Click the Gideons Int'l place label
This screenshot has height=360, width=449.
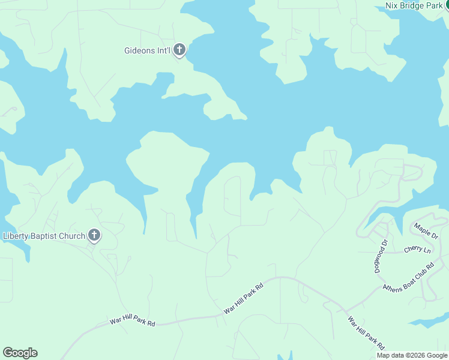(x=148, y=51)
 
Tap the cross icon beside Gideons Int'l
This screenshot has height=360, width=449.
(x=179, y=50)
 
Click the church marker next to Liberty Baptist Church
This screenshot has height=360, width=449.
(x=94, y=235)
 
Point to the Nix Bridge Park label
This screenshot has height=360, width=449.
(x=414, y=6)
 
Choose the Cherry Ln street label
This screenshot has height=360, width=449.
(x=417, y=249)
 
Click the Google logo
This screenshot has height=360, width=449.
(x=20, y=353)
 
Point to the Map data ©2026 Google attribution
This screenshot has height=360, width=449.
(x=412, y=355)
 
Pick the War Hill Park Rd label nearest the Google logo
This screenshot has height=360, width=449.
(x=132, y=321)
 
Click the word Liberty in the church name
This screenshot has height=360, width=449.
(x=16, y=236)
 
